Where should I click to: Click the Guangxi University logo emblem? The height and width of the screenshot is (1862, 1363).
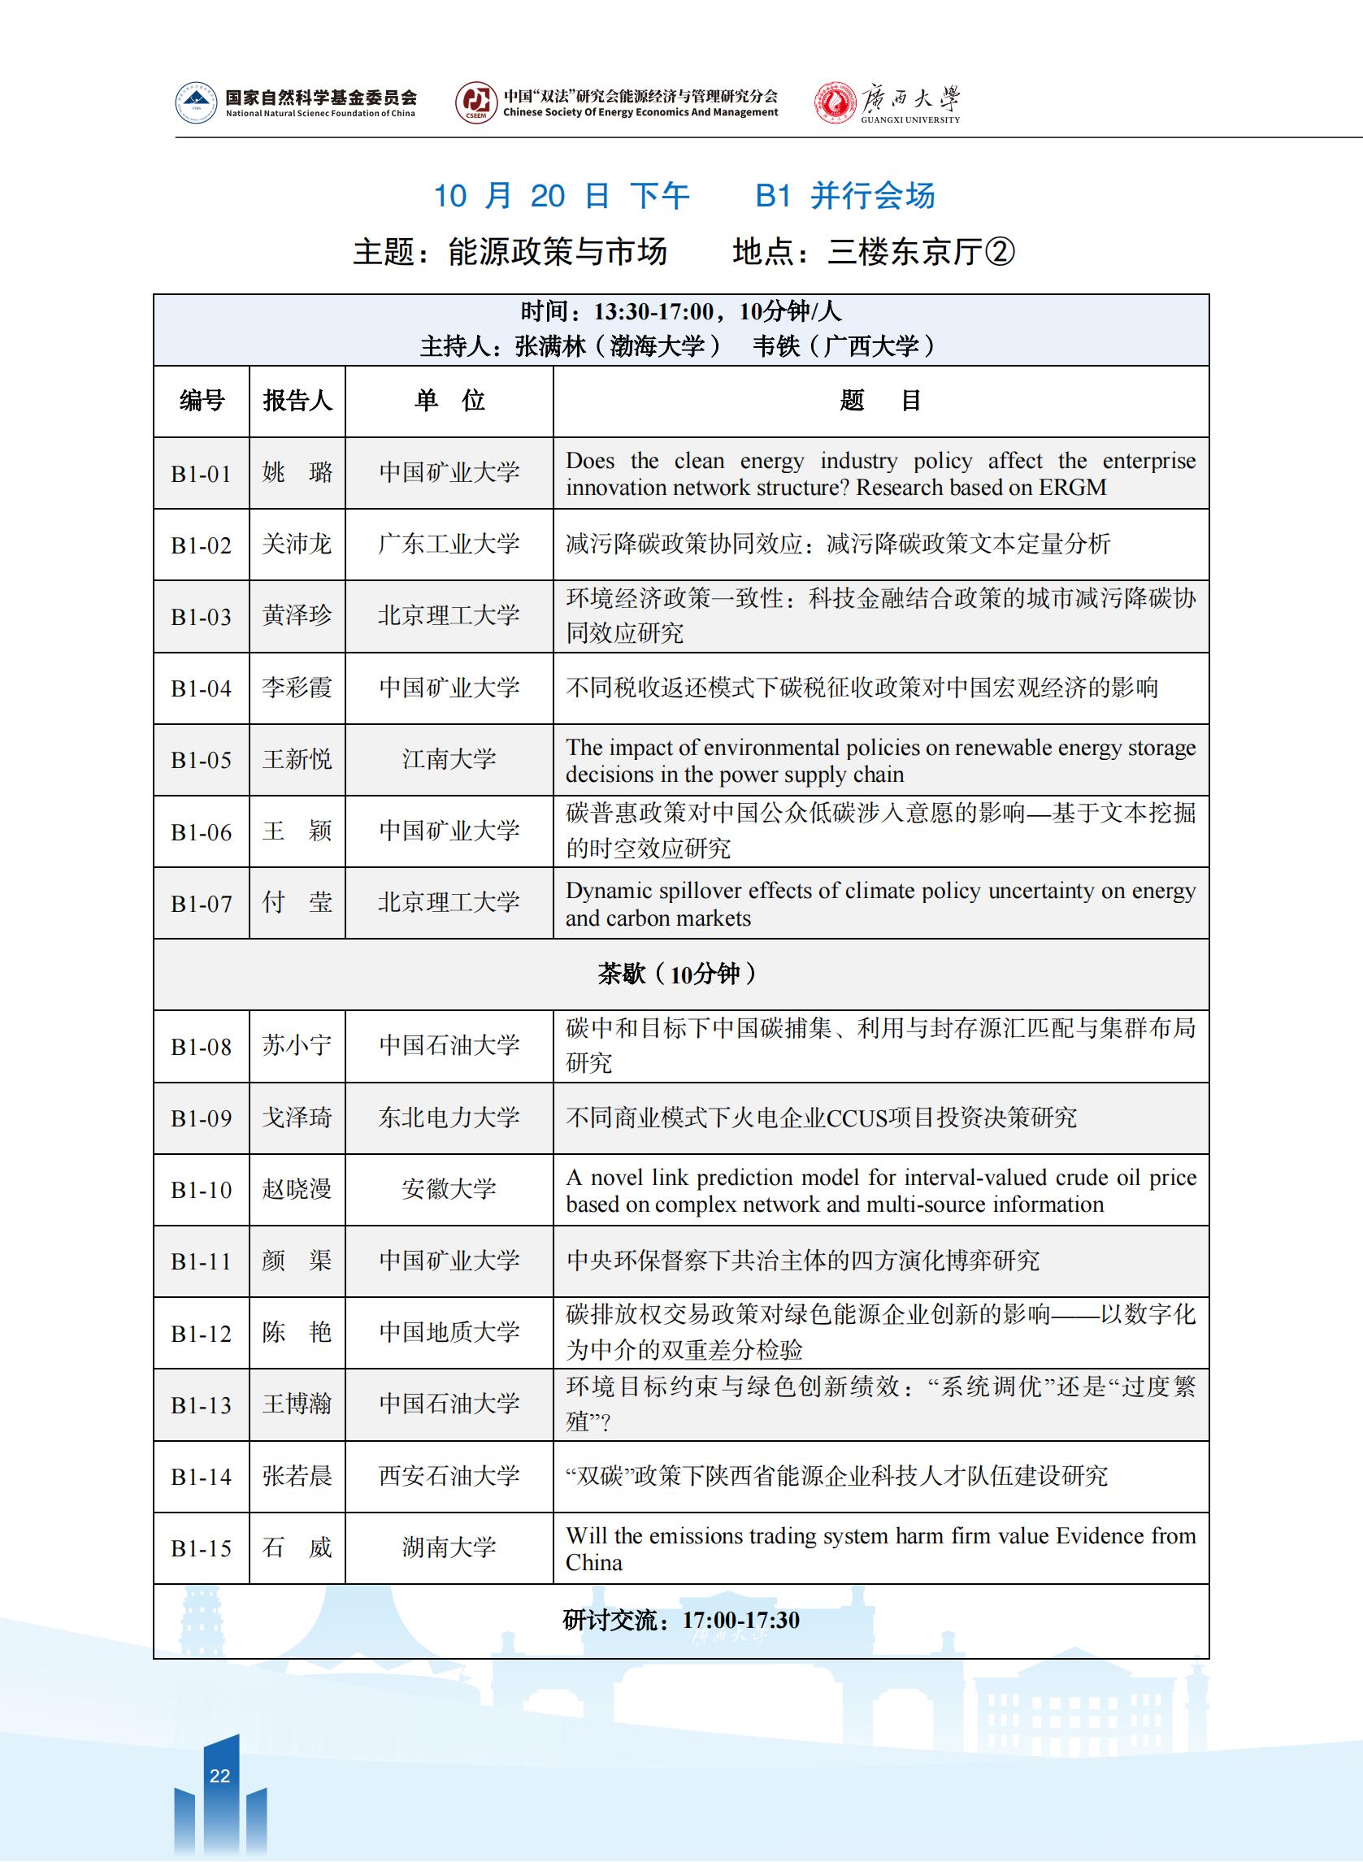coord(834,103)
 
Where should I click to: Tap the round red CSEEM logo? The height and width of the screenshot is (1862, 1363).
coord(476,103)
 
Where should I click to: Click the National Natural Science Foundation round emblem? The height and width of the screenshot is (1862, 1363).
coord(197,103)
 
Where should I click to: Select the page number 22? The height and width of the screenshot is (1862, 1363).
coord(219,1775)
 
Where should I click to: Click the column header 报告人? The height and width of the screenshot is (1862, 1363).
coord(297,401)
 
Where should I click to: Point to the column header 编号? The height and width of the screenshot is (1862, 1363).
coord(202,401)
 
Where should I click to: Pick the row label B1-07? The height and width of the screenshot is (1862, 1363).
coord(202,905)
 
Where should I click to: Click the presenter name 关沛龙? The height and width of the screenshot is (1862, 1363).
coord(297,545)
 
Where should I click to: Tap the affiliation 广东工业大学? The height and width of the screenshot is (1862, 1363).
coord(449,545)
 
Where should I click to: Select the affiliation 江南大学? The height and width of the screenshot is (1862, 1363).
coord(449,760)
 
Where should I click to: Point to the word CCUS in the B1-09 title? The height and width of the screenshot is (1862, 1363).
coord(857,1118)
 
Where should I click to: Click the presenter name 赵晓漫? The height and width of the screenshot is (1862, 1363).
coord(297,1190)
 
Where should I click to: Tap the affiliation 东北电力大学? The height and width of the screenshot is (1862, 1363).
coord(449,1118)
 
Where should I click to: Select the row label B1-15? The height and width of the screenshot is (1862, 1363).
coord(202,1548)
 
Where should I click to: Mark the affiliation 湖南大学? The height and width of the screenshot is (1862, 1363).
coord(449,1547)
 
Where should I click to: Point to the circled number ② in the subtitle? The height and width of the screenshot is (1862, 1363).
coord(1000,253)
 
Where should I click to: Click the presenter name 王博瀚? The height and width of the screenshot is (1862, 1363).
coord(297,1405)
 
